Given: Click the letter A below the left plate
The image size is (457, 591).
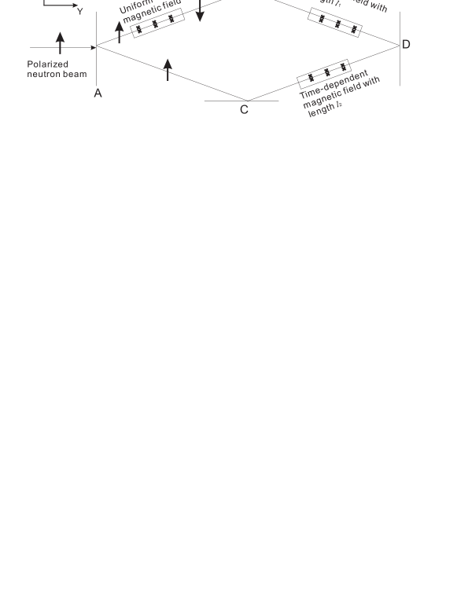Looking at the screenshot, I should tap(98, 94).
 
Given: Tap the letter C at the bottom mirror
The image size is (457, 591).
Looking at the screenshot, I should tap(244, 110).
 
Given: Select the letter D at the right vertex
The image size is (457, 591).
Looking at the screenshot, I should tap(406, 45).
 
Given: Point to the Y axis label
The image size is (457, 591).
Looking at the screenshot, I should tap(79, 12).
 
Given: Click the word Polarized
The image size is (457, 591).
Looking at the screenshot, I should tap(47, 64).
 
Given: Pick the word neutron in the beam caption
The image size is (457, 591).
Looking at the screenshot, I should tap(44, 74).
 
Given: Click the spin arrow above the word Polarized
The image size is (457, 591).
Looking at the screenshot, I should tap(60, 42).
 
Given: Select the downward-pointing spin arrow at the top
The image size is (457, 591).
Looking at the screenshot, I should tap(200, 11).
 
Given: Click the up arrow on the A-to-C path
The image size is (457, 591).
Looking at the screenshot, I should tap(168, 68).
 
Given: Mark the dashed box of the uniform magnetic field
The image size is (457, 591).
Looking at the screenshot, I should tap(156, 24).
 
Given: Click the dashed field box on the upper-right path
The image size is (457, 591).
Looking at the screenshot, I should tap(336, 23).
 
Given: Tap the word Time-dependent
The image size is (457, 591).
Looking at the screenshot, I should tap(334, 84).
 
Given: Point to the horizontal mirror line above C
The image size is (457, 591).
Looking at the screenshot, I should tap(241, 101).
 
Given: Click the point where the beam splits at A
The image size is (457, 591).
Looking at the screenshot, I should tap(98, 47).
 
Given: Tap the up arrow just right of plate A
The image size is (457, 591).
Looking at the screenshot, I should tap(119, 31).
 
